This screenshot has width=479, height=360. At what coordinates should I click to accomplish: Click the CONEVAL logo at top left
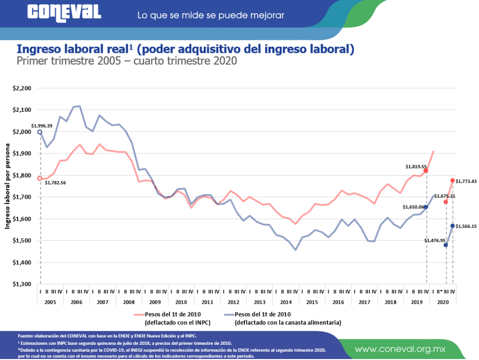(x=64, y=13)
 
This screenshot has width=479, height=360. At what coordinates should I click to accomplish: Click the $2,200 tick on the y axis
(x=22, y=89)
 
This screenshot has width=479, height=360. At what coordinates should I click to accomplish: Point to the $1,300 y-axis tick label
(x=22, y=284)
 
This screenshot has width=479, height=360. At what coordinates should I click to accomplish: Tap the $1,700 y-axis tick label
(x=22, y=197)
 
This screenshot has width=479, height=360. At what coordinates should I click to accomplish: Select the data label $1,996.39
(x=43, y=126)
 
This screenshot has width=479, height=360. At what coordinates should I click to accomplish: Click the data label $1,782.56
(x=55, y=183)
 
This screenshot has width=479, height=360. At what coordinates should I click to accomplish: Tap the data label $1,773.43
(x=466, y=181)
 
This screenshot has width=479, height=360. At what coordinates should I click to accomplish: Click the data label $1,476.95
(x=433, y=240)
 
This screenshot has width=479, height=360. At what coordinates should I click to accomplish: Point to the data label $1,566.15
(x=467, y=226)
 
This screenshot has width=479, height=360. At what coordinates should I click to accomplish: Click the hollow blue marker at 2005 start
(x=40, y=132)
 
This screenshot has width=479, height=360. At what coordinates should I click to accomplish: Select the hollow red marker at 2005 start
(x=40, y=179)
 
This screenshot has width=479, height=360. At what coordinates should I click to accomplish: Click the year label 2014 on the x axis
(x=285, y=302)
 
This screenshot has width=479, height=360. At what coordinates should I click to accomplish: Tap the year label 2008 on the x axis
(x=128, y=302)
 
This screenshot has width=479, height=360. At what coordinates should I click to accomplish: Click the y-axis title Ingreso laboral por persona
(x=8, y=186)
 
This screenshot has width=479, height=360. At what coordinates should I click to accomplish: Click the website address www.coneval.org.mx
(x=400, y=349)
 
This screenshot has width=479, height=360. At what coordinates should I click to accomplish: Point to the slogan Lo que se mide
(x=211, y=15)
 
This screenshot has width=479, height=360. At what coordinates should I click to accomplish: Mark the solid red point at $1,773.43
(x=452, y=180)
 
